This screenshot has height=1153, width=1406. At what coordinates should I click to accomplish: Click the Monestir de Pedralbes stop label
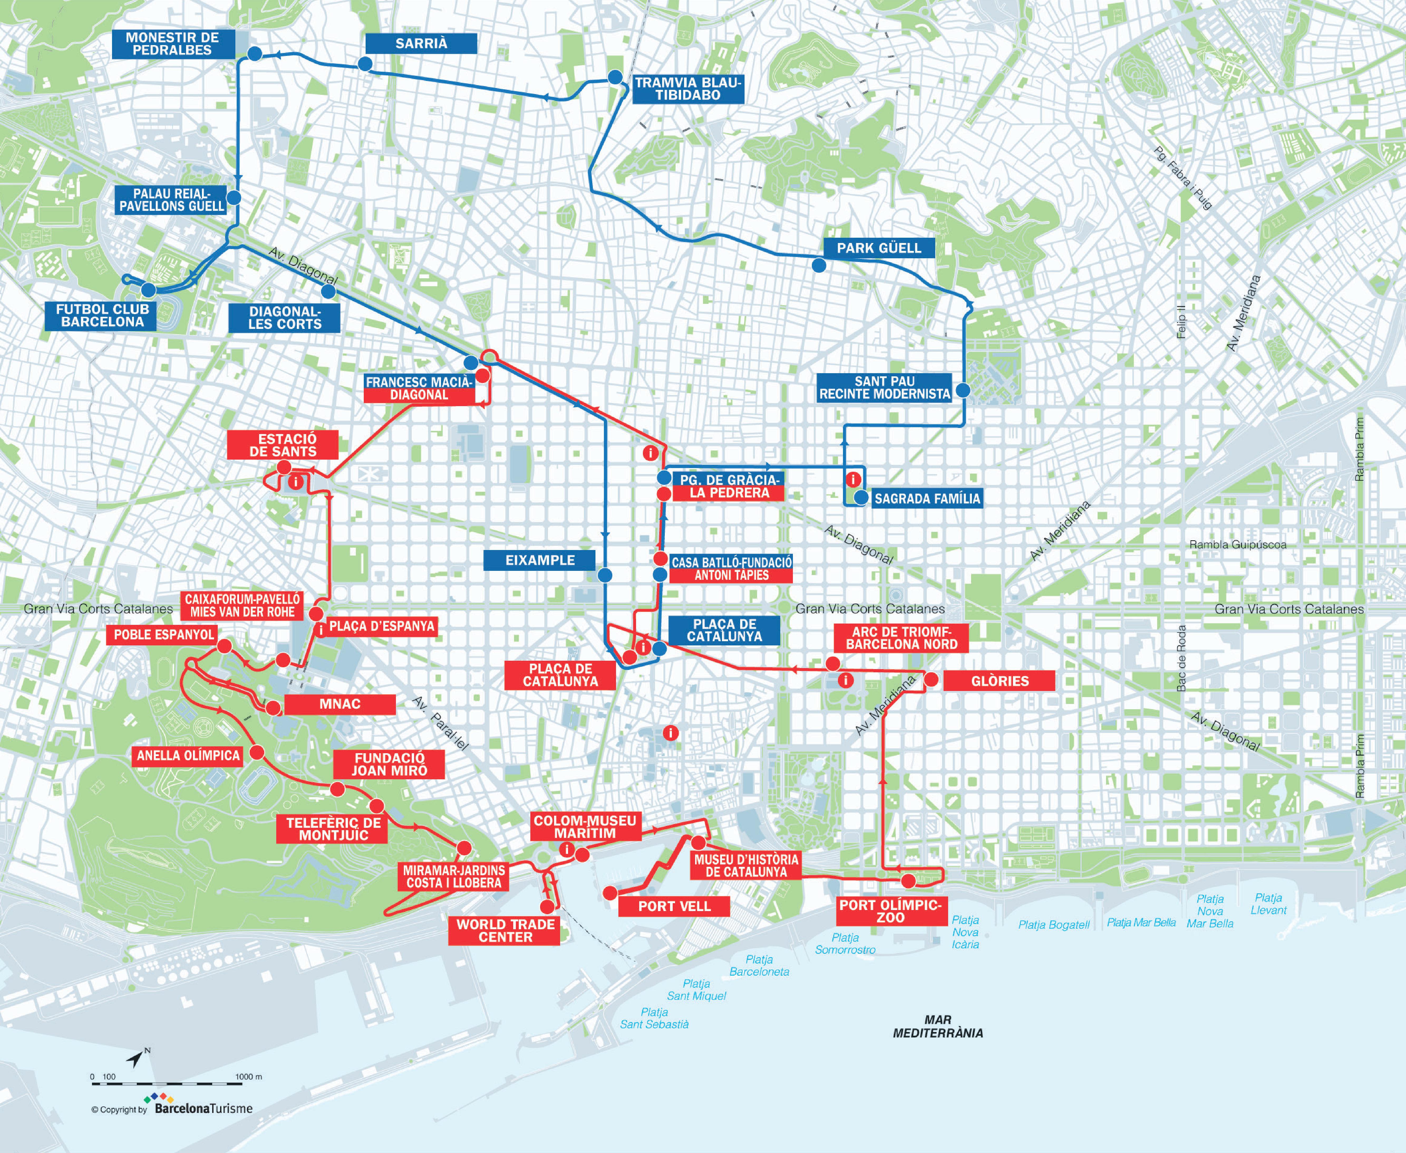tap(173, 44)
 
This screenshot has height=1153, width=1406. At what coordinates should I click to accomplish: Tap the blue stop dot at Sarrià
tap(365, 64)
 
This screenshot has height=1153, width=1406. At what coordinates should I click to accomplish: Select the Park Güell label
tap(879, 248)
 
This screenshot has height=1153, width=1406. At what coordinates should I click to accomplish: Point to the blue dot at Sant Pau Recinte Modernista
tap(962, 390)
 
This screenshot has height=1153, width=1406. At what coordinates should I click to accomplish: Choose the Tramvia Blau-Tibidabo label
tap(687, 88)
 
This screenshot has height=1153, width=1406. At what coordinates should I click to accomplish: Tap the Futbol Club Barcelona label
tap(101, 315)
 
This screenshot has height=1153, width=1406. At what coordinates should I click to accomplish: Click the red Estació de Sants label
tap(283, 444)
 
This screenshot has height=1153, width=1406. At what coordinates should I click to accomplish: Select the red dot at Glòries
tap(931, 679)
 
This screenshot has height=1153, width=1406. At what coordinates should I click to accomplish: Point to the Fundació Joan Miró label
tap(389, 764)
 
